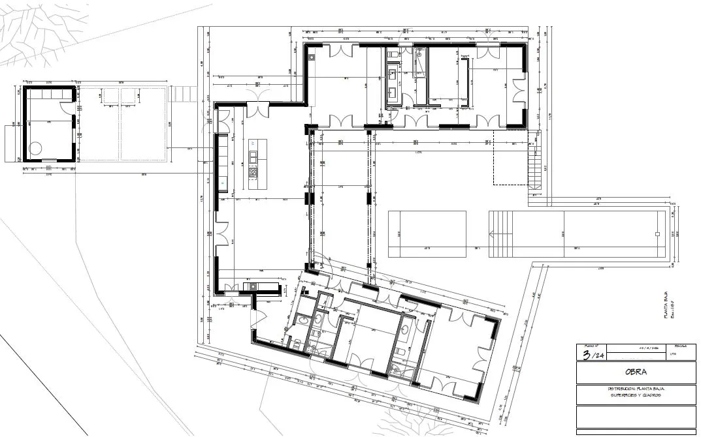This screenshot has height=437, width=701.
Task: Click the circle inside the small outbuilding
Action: (34, 147)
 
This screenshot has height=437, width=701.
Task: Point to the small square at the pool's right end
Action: (660, 234)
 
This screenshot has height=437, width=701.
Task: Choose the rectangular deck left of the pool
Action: (427, 234)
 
